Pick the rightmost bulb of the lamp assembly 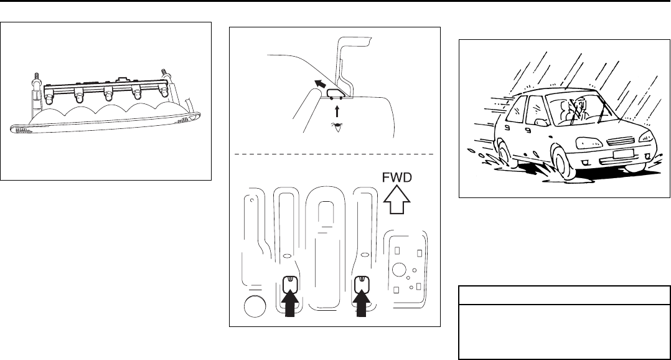pos(164,91)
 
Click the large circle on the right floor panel pos(398,270)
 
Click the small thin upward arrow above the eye pos(336,111)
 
